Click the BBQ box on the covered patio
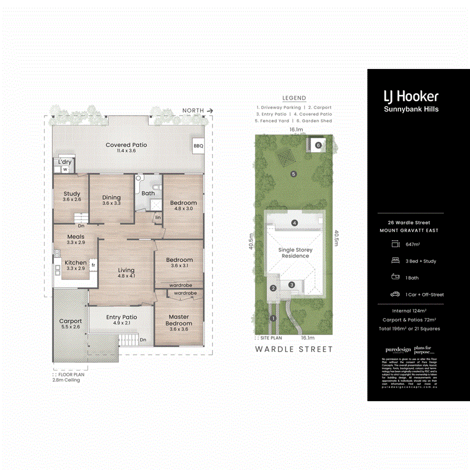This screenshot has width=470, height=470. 198,146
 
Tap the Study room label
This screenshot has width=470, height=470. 72,194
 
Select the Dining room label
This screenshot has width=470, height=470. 111,197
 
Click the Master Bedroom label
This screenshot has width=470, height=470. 179,320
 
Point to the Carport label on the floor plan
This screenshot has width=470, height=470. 70,321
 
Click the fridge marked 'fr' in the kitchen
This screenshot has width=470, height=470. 93,265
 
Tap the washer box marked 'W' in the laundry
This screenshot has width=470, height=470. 66,169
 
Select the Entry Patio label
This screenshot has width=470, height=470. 122,317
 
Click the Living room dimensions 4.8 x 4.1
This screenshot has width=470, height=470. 126,276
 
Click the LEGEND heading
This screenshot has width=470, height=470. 294,98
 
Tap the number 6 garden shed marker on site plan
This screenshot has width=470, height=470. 318,145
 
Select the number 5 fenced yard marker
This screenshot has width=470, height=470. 293,174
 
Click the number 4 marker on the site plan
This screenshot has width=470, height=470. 295,223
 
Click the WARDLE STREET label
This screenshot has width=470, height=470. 293,349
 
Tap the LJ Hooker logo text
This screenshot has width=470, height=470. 411,96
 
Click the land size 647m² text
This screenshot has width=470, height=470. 414,244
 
